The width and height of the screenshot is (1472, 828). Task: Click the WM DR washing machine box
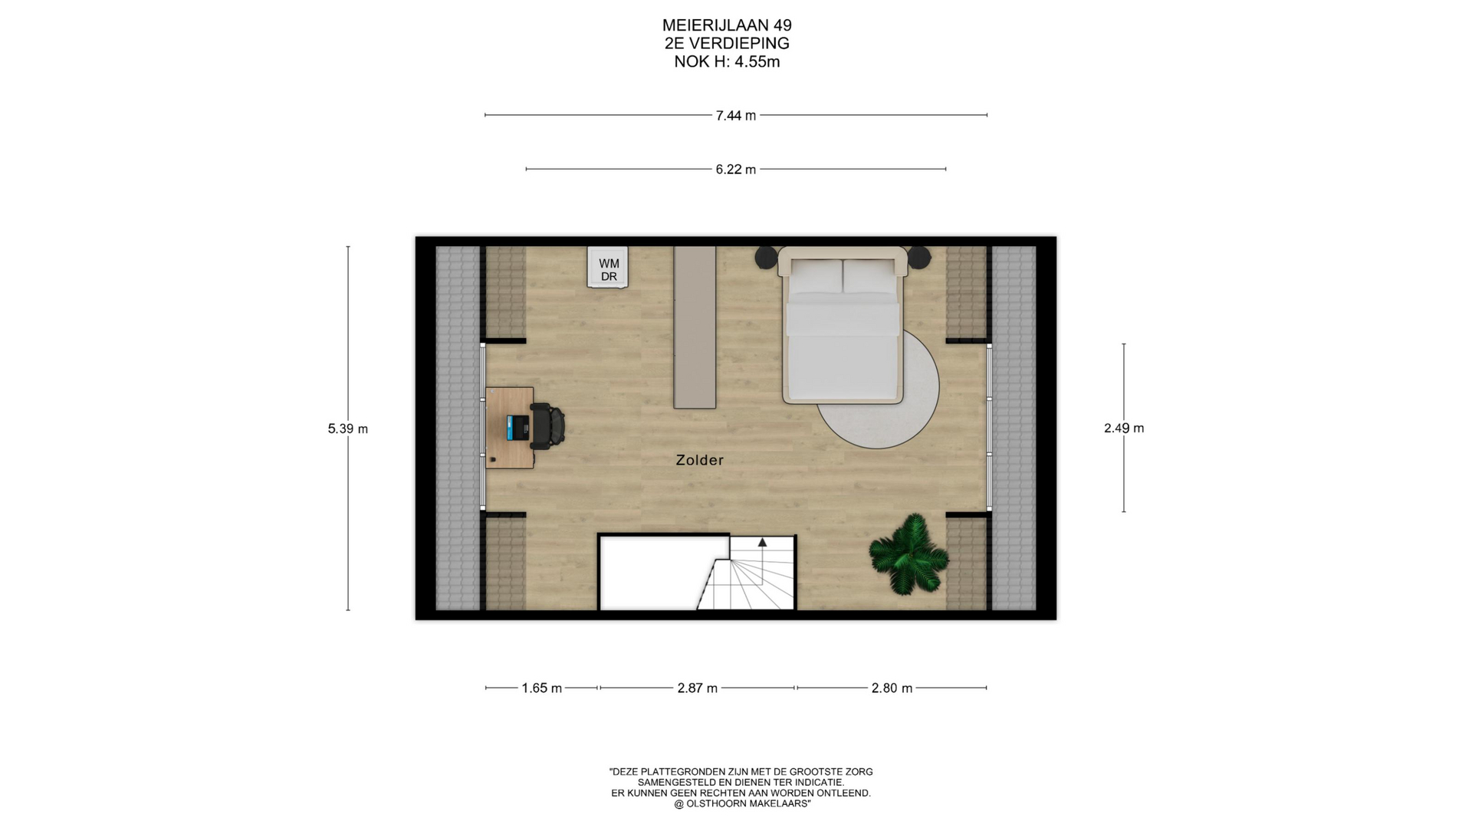pos(608,268)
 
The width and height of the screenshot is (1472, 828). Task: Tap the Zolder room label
pos(699,460)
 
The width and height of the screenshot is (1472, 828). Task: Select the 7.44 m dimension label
pos(736,116)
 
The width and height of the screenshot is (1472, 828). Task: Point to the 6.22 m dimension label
pos(736,169)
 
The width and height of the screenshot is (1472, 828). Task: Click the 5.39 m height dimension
pos(348,429)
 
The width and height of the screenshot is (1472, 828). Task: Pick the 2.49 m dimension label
pos(1124,429)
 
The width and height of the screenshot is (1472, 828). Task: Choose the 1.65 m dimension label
pos(542,688)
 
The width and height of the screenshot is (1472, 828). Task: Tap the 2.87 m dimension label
pos(698,688)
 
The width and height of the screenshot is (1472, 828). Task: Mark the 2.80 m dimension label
pos(892,688)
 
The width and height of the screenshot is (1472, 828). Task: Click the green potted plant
pos(909,554)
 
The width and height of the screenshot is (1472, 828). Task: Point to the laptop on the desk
pos(518,427)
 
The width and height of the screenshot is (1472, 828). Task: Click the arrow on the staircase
pos(763,542)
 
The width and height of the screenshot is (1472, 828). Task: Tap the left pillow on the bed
pos(816,276)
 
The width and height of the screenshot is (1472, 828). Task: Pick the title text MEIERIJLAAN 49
pos(727,26)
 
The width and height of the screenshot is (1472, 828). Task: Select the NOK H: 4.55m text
pos(727,62)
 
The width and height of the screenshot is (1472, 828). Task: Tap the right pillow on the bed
pos(869,276)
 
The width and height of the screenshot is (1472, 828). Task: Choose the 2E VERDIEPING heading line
pos(727,44)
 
